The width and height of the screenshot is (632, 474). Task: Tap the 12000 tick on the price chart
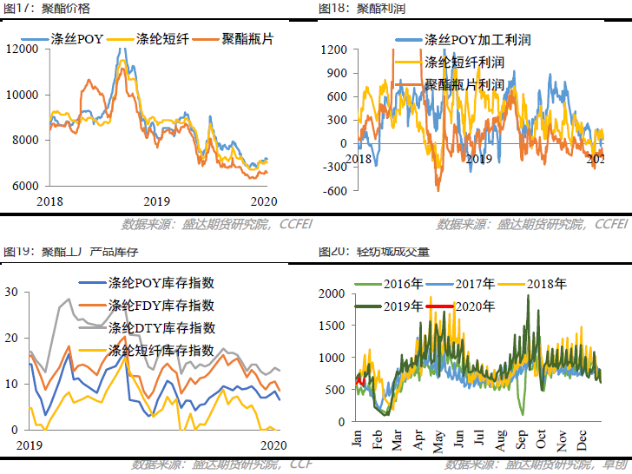click(23, 49)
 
